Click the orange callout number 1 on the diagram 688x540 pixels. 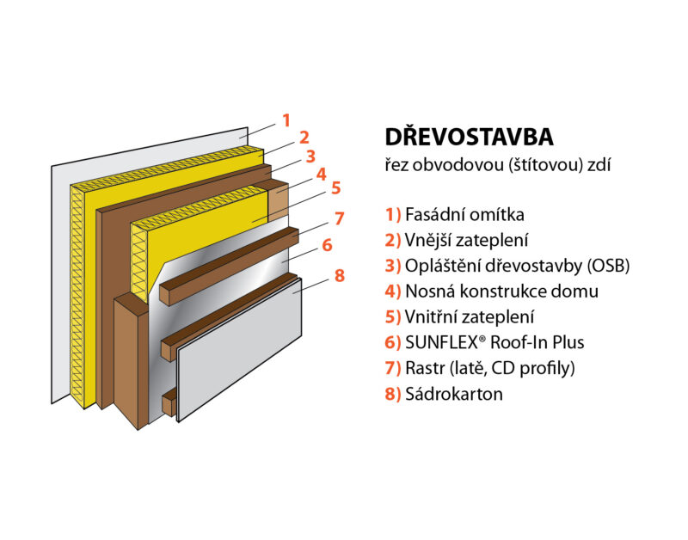(x=286, y=120)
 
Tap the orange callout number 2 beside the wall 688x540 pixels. (x=304, y=138)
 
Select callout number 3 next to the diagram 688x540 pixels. (x=310, y=156)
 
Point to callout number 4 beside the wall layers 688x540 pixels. (x=322, y=175)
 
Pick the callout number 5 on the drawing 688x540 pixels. (x=335, y=187)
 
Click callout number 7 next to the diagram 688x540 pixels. (x=339, y=218)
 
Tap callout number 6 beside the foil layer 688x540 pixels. (x=328, y=245)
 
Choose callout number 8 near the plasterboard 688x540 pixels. (x=340, y=276)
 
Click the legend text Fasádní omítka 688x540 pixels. (x=464, y=214)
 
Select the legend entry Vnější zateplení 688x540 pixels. (x=466, y=241)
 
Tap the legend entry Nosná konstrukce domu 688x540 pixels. (x=502, y=291)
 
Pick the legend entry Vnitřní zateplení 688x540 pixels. (x=470, y=316)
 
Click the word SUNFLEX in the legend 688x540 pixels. (x=441, y=342)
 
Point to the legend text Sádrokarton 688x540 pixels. (x=454, y=394)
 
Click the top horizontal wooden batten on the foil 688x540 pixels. (x=229, y=266)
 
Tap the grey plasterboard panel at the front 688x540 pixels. (x=239, y=349)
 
